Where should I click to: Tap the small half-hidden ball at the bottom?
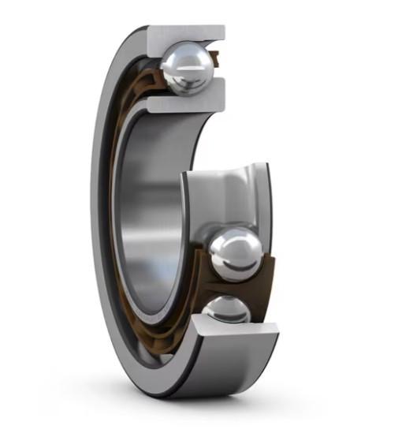pos(227,310)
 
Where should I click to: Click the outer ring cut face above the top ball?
pos(189,33)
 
